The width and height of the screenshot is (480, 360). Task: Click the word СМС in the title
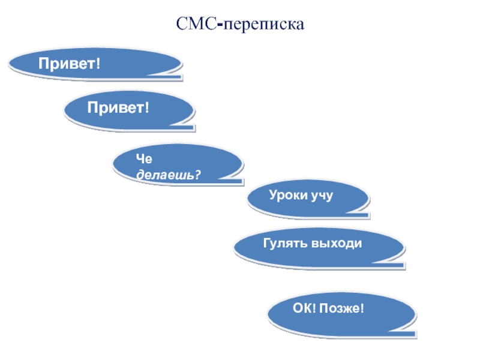point(196,25)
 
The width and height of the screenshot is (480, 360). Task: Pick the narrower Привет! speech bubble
point(130,110)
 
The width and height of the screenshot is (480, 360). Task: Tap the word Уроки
point(287,196)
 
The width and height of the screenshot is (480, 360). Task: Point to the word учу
point(321,196)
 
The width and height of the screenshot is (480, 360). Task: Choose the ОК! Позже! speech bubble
point(341,313)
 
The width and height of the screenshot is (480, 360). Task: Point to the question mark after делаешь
point(198,175)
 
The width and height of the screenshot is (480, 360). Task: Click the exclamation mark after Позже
point(362,308)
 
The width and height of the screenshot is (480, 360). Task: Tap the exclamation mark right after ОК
point(314,308)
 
